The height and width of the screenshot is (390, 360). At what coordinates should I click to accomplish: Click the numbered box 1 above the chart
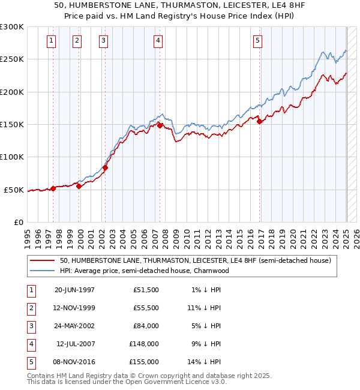tap(52, 41)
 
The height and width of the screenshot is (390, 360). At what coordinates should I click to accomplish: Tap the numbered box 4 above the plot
tap(158, 41)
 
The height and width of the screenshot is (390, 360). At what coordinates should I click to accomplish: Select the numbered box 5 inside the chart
tap(257, 41)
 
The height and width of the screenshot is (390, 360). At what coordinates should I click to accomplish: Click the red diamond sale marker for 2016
tap(260, 121)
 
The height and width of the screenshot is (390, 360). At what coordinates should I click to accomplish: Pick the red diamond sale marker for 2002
tap(105, 167)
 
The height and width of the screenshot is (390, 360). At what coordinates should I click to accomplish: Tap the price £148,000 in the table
tap(145, 344)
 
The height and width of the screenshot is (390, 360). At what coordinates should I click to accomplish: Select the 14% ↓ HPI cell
tap(205, 362)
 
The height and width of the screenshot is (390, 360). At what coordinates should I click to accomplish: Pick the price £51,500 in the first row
tap(146, 290)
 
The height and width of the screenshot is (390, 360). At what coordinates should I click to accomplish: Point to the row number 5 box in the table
tap(31, 362)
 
